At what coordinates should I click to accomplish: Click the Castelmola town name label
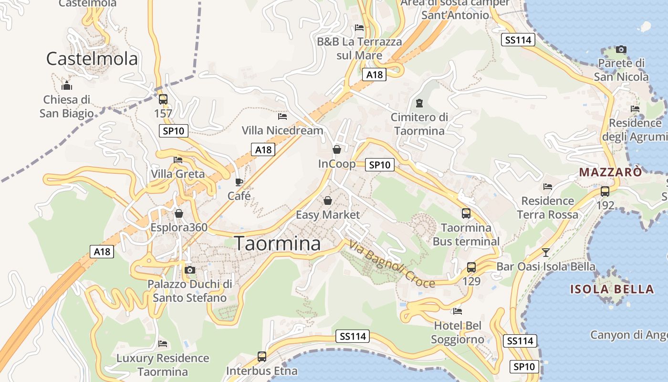pyautogui.click(x=92, y=59)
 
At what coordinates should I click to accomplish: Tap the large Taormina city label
pyautogui.click(x=278, y=244)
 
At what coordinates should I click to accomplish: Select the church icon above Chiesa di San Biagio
pyautogui.click(x=67, y=86)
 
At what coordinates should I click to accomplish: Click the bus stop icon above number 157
pyautogui.click(x=163, y=99)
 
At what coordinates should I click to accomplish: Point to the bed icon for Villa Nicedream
pyautogui.click(x=282, y=116)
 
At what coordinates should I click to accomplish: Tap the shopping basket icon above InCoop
pyautogui.click(x=337, y=149)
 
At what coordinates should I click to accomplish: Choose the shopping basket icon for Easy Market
pyautogui.click(x=328, y=201)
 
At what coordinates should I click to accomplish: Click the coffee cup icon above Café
pyautogui.click(x=239, y=182)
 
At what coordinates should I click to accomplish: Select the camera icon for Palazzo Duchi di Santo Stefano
pyautogui.click(x=190, y=270)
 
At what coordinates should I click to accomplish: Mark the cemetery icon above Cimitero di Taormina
pyautogui.click(x=419, y=103)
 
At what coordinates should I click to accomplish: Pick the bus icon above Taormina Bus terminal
pyautogui.click(x=466, y=213)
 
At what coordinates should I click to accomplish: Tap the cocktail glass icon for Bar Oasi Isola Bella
pyautogui.click(x=546, y=252)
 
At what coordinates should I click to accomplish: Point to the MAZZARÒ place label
pyautogui.click(x=610, y=172)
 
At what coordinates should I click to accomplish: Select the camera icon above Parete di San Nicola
pyautogui.click(x=621, y=49)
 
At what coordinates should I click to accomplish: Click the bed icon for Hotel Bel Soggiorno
pyautogui.click(x=458, y=311)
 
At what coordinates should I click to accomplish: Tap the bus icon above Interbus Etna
pyautogui.click(x=262, y=356)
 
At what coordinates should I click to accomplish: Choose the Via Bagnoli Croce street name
pyautogui.click(x=392, y=264)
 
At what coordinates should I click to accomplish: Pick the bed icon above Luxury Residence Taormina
pyautogui.click(x=163, y=344)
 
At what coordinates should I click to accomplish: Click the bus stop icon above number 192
pyautogui.click(x=605, y=191)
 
